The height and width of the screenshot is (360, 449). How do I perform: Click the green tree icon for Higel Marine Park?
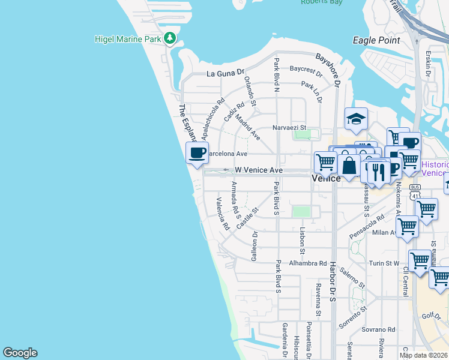click(x=170, y=39)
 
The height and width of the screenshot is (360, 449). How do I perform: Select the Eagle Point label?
click(x=376, y=40)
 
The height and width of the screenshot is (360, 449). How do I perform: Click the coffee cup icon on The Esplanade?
click(x=197, y=152)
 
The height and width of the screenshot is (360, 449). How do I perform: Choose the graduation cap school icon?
click(x=356, y=118)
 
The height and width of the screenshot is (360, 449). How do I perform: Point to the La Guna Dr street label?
click(x=226, y=74)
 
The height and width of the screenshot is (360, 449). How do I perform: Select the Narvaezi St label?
click(x=289, y=128)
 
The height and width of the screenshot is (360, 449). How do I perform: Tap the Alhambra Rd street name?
click(x=306, y=263)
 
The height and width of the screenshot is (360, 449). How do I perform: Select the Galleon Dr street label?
click(x=255, y=246)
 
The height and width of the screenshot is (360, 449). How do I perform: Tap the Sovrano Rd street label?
click(x=378, y=329)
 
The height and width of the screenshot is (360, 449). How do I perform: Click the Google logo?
click(x=20, y=353)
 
